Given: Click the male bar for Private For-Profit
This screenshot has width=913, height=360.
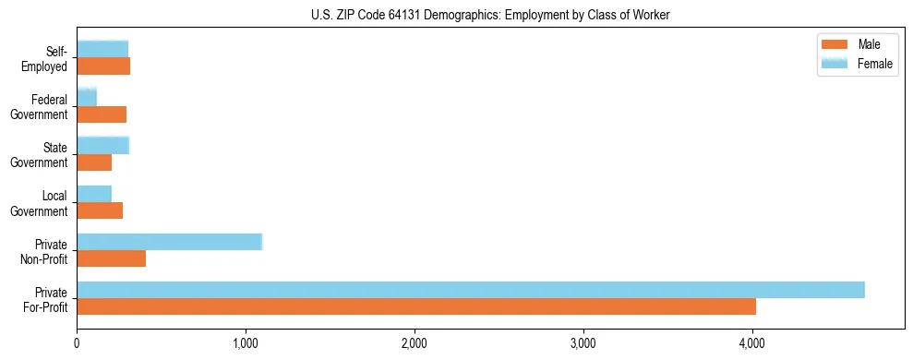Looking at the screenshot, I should (415, 306).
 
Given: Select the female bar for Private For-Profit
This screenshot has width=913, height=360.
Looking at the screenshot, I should (470, 290).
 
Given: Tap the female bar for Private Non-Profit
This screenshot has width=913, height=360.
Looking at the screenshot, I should (169, 242).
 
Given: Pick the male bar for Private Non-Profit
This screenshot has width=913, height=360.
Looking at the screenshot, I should (111, 258).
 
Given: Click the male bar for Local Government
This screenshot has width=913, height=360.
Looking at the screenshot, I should (100, 210).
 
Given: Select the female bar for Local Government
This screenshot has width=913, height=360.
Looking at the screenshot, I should (94, 194).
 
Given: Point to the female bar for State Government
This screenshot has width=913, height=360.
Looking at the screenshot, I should (102, 145).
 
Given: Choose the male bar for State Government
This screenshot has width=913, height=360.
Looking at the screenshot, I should (94, 162).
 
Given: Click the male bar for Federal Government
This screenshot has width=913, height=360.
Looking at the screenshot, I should (102, 114).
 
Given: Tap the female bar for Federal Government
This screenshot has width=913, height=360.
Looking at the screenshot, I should (87, 97).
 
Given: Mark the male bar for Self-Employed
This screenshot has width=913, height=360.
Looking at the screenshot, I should (103, 66).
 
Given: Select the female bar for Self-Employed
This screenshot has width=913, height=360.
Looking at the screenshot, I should (102, 49).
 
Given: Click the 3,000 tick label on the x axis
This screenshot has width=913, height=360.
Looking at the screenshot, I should (583, 345).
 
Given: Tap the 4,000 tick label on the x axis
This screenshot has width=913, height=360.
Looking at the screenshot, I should (752, 345).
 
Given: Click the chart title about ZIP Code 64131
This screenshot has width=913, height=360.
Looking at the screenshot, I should (490, 14).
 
